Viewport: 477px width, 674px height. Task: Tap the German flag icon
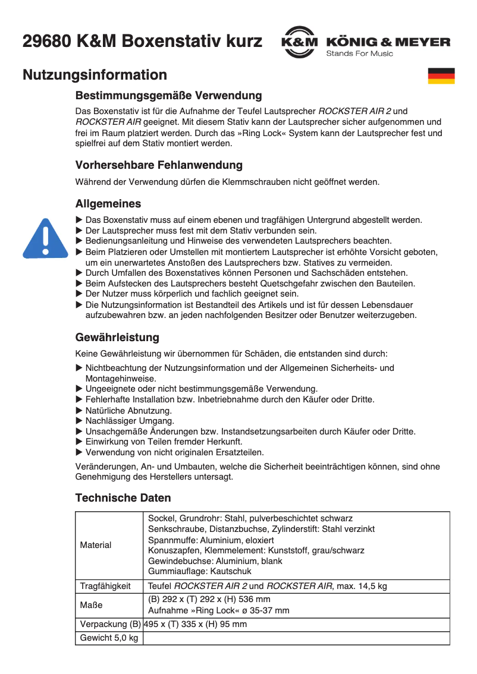click(441, 76)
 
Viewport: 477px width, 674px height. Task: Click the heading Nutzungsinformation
click(95, 75)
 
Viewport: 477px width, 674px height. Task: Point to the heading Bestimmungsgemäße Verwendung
click(168, 95)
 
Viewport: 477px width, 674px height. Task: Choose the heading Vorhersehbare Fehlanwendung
click(159, 165)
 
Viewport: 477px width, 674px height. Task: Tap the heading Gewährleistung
click(117, 338)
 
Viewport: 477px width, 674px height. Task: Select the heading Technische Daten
click(123, 497)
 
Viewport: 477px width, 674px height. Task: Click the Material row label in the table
click(96, 545)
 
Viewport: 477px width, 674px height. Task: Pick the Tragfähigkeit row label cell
click(105, 586)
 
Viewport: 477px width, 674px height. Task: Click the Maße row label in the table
click(91, 605)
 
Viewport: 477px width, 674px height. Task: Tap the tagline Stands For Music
click(359, 54)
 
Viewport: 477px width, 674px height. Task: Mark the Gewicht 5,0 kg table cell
click(109, 638)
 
